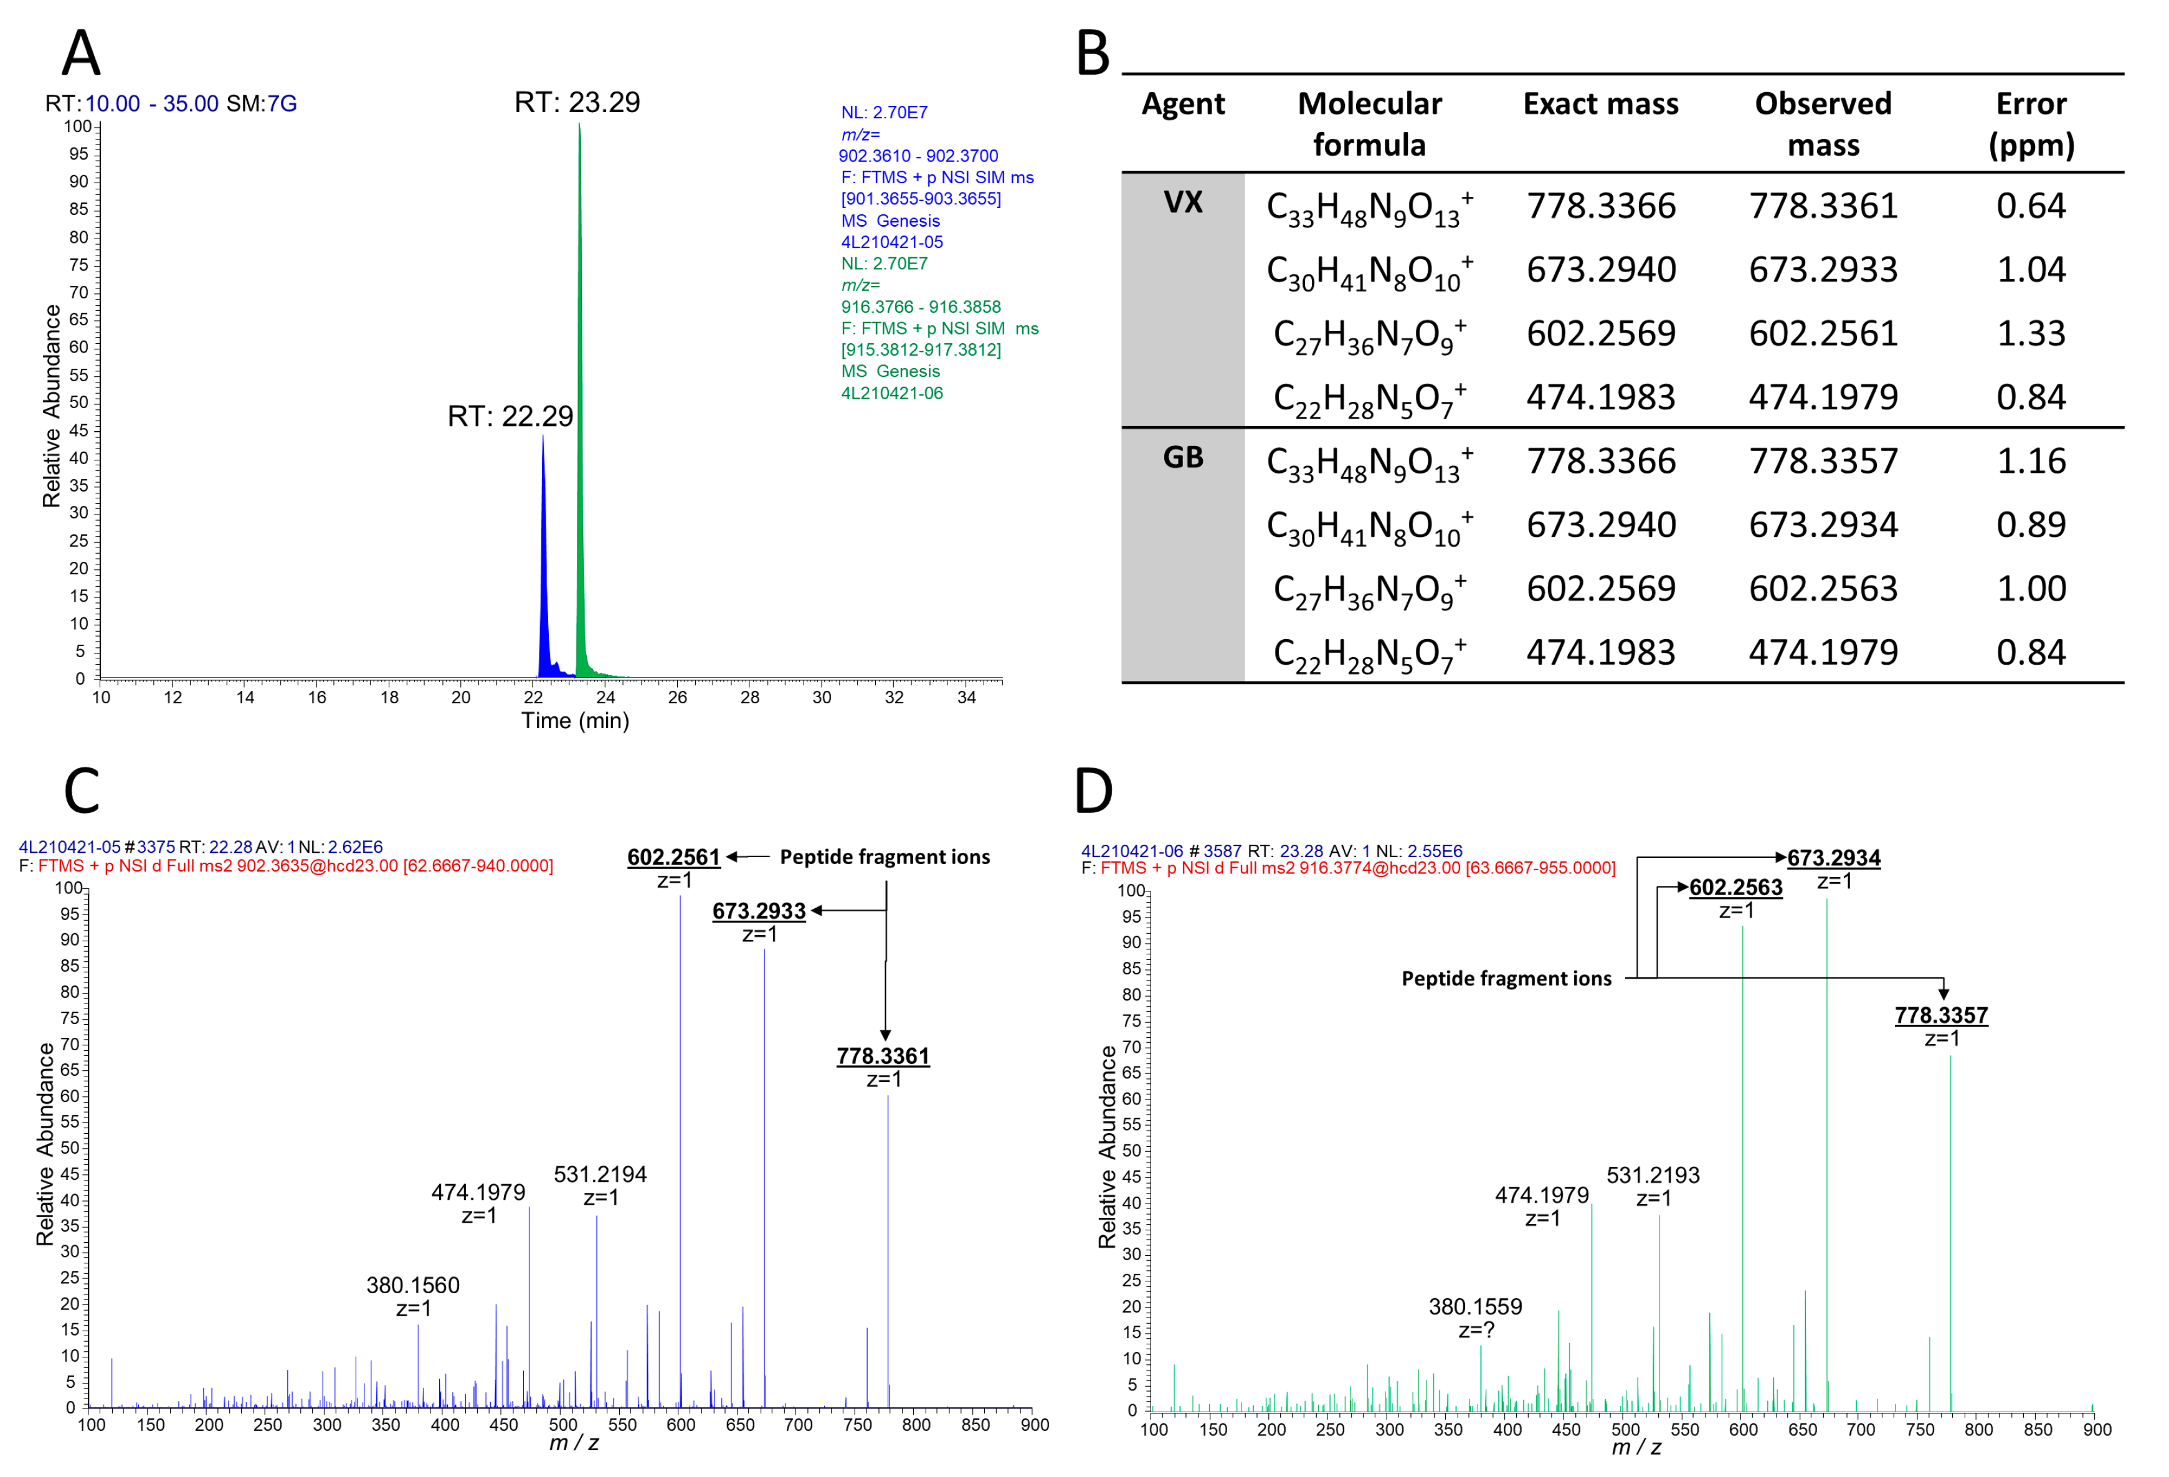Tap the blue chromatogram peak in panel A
click(x=543, y=560)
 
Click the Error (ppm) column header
click(x=2030, y=123)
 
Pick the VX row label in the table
click(x=1182, y=202)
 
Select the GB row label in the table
click(x=1182, y=457)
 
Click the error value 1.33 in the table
click(x=2030, y=333)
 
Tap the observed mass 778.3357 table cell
click(x=1822, y=461)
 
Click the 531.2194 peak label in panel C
click(x=599, y=1174)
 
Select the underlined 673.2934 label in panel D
click(x=1833, y=858)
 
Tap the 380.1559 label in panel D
click(x=1474, y=1306)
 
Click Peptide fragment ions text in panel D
click(x=1506, y=979)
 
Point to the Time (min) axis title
click(x=575, y=721)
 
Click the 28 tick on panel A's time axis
click(x=749, y=698)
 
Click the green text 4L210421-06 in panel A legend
click(x=891, y=393)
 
